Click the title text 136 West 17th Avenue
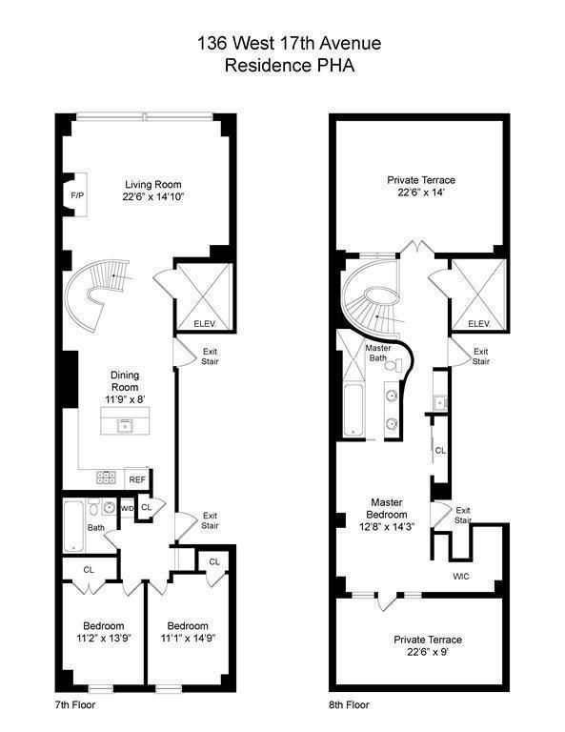tap(281, 43)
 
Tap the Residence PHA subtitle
tap(281, 65)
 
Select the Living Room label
tap(152, 185)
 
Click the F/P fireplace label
tap(76, 196)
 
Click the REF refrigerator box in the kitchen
tap(137, 479)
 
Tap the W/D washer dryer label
tap(127, 509)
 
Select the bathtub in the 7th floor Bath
tap(75, 527)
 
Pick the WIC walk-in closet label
tap(461, 576)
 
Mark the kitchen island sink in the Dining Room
tap(124, 426)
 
